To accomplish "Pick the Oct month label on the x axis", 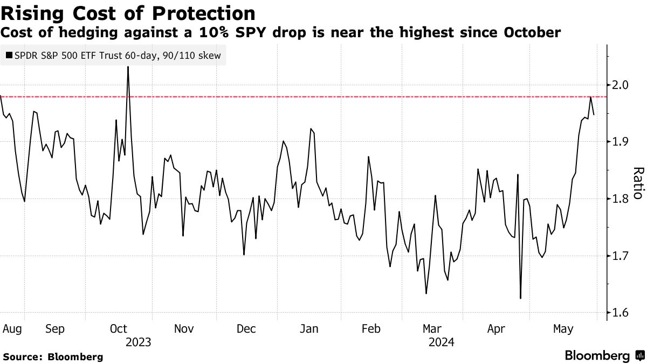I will pos(118,328).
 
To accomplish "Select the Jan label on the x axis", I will pos(309,328).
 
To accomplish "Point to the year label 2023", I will pos(138,342).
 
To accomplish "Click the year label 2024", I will pos(442,342).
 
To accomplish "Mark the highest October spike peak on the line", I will pos(128,67).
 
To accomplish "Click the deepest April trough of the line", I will pos(520,298).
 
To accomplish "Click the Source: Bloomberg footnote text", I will pos(53,356).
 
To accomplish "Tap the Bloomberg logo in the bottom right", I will pos(603,356).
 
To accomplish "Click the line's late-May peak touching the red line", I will pos(591,97).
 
